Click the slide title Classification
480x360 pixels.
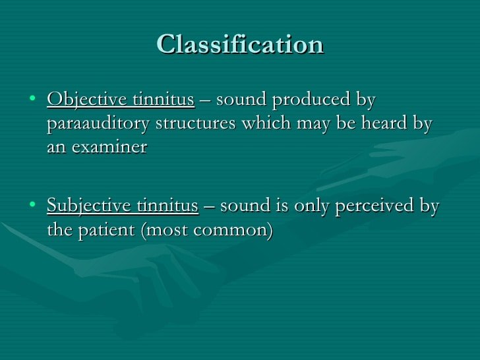pyautogui.click(x=240, y=45)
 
